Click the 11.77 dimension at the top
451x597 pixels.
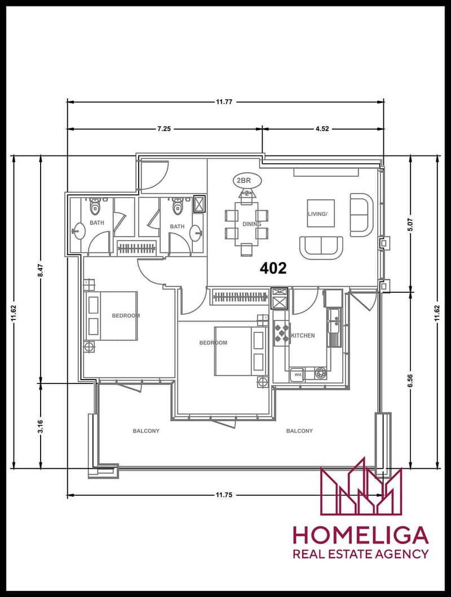(x=224, y=101)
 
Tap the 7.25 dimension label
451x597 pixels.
(x=164, y=128)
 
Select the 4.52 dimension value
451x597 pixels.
(x=322, y=128)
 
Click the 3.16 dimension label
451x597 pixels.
(x=41, y=426)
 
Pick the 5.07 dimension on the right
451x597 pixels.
(x=410, y=224)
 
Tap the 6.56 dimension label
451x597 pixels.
(x=410, y=381)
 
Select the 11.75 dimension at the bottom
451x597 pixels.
(x=224, y=495)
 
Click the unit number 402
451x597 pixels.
(x=273, y=268)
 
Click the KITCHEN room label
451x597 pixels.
(x=303, y=336)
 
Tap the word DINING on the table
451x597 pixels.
(x=252, y=224)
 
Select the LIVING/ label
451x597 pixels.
(x=317, y=214)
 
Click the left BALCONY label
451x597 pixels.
(x=146, y=431)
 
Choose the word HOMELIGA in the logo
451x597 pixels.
(x=360, y=535)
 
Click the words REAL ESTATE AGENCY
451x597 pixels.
(x=360, y=554)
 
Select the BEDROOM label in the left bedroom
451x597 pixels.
(x=126, y=315)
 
